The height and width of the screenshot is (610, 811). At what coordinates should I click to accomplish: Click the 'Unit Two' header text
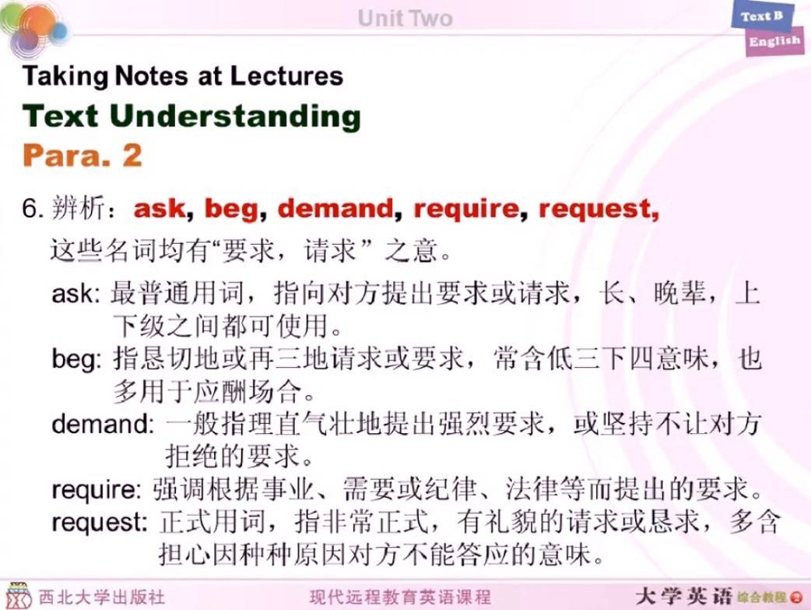tap(405, 18)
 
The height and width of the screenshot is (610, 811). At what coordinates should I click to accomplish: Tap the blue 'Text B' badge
tap(761, 16)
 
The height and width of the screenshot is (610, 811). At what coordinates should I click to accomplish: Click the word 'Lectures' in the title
tap(286, 76)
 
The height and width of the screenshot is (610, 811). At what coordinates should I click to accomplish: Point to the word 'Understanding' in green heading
tap(235, 115)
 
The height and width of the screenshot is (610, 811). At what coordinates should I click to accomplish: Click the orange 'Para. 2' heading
tap(83, 155)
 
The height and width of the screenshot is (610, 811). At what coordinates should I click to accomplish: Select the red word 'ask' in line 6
tap(160, 209)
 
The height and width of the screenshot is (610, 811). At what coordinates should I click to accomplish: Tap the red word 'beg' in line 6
tap(232, 210)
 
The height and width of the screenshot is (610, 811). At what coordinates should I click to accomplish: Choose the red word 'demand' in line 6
tap(335, 208)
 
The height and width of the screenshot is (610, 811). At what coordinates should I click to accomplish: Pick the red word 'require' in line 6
tap(466, 210)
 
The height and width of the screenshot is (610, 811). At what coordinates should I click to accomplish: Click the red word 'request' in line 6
tap(595, 210)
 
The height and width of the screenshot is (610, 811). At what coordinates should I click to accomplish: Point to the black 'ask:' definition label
tap(75, 294)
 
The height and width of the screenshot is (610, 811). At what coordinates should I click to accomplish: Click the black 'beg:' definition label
tap(77, 359)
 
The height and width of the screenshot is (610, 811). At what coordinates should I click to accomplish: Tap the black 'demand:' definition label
tap(103, 424)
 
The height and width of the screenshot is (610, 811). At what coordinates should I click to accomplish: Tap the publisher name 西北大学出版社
tap(102, 597)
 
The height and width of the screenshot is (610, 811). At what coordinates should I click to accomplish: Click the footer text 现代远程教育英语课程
tap(400, 597)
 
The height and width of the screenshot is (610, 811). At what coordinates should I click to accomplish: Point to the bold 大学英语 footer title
tap(684, 597)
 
